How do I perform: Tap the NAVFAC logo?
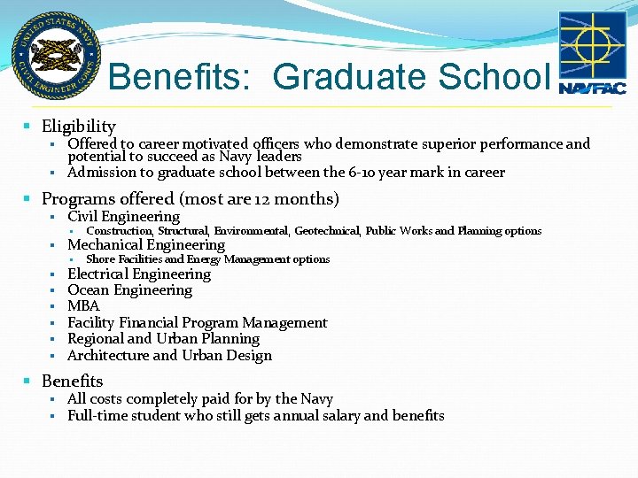tap(592, 54)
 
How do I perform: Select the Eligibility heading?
tap(79, 127)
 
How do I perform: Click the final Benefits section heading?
tap(72, 382)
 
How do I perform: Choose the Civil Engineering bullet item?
tap(123, 216)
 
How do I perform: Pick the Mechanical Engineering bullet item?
tap(146, 244)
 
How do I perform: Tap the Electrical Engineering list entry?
tap(139, 274)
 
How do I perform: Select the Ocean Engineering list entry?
tap(129, 289)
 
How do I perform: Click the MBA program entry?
tap(83, 306)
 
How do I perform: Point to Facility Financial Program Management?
tap(197, 323)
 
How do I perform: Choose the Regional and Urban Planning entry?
tap(163, 339)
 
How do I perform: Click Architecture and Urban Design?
tap(169, 356)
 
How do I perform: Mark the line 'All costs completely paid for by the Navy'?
tap(199, 399)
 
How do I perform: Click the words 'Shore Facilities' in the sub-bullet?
tap(123, 259)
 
